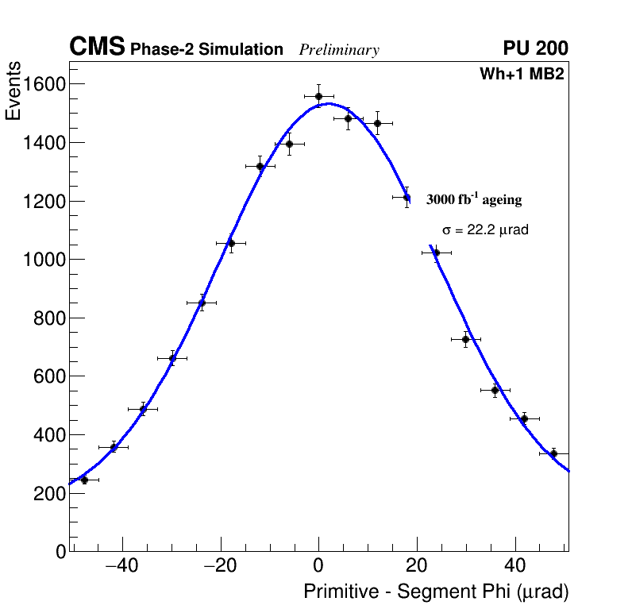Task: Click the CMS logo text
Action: [97, 48]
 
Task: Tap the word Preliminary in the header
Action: [339, 51]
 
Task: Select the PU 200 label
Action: [535, 49]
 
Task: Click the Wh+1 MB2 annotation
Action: [522, 75]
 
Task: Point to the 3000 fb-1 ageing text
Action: [474, 199]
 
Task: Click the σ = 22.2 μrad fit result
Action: [485, 230]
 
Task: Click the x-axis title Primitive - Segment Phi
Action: [436, 592]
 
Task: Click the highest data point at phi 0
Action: [318, 97]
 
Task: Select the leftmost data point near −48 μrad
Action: [84, 480]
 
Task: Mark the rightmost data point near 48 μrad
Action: [553, 453]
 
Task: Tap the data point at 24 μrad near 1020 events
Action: [436, 253]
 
